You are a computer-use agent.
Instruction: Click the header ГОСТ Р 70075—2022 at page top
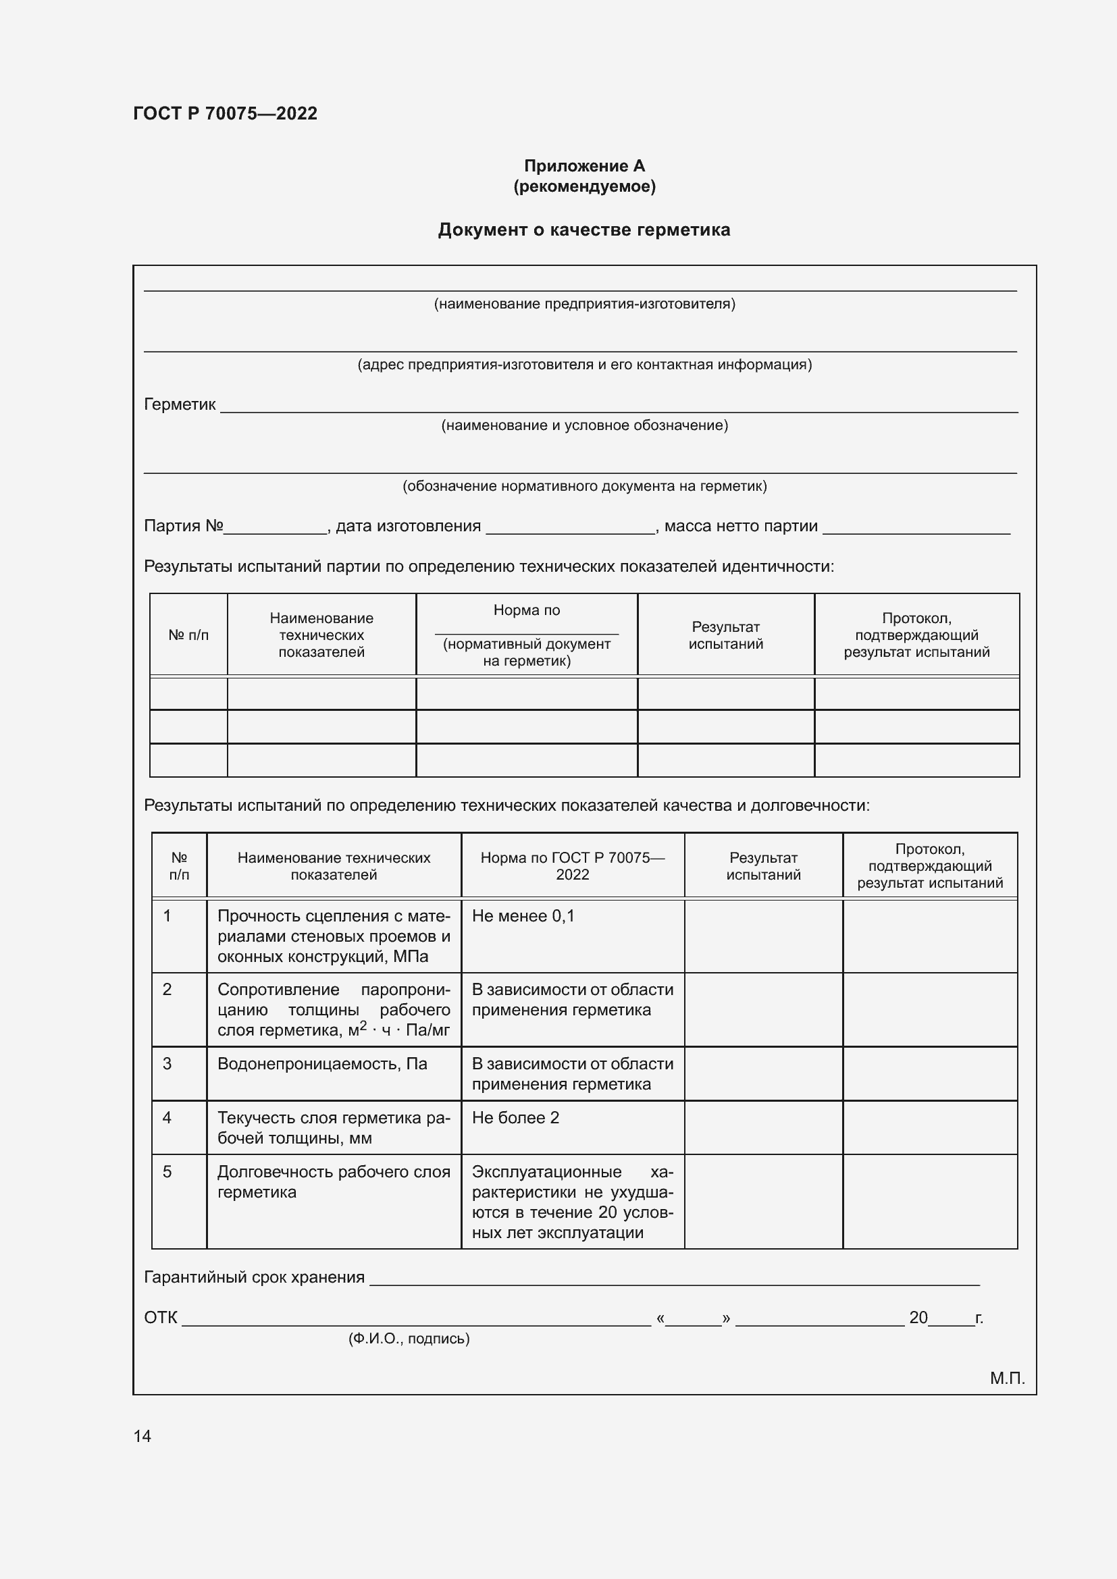click(225, 113)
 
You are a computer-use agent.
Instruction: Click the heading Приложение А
click(584, 166)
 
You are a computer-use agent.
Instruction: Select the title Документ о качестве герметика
click(584, 230)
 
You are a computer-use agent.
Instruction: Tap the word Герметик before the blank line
click(180, 404)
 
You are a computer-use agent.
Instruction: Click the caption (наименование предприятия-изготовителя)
click(584, 304)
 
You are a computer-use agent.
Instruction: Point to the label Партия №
click(183, 526)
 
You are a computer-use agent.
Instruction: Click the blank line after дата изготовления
click(570, 528)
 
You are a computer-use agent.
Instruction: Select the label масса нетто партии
click(741, 526)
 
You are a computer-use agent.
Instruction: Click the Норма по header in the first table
click(526, 610)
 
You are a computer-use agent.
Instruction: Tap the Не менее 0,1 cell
click(523, 916)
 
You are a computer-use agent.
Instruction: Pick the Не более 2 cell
click(515, 1117)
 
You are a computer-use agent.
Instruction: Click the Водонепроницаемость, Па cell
click(322, 1064)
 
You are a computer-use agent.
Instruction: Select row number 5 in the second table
click(167, 1172)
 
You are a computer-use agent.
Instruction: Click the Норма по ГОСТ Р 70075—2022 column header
click(572, 866)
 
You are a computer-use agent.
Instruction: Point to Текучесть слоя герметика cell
click(334, 1127)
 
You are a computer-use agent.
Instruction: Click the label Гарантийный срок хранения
click(254, 1277)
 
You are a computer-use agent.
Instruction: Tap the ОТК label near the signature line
click(160, 1318)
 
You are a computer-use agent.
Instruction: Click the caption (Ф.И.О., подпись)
click(409, 1338)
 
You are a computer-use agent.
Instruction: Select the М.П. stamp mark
click(1007, 1379)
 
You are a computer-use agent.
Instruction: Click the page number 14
click(142, 1436)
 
